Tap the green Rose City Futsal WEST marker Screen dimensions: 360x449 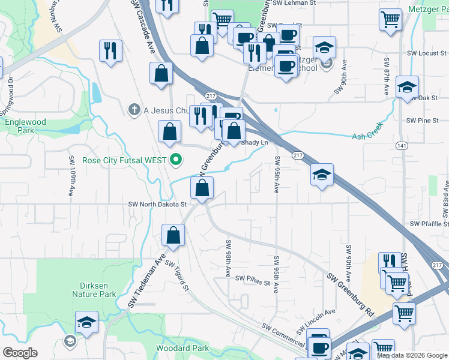point(176,160)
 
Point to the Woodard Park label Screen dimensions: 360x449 point(182,348)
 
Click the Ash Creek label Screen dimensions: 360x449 point(367,136)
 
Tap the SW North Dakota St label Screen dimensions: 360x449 point(158,204)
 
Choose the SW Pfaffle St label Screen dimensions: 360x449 point(429,223)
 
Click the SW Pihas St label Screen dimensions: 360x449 point(253,278)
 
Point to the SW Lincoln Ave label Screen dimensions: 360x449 point(315,322)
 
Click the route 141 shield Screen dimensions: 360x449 point(402,146)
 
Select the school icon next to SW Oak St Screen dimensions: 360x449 point(407,88)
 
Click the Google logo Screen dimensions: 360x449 point(20,353)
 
